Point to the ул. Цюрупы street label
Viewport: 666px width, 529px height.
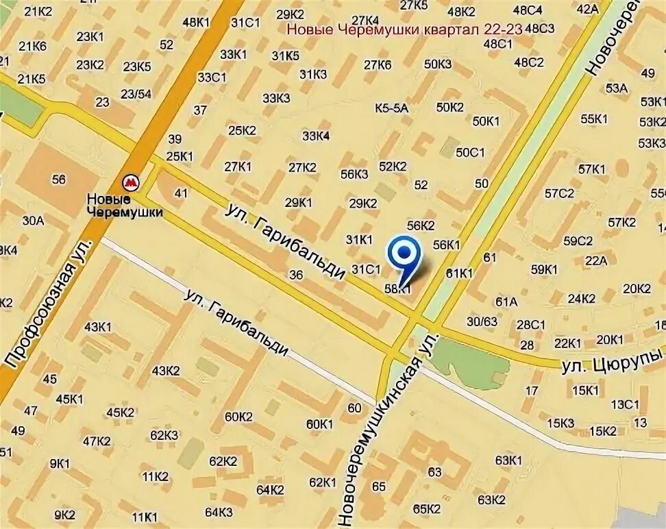[612, 360]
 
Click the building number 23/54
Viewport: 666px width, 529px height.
[136, 94]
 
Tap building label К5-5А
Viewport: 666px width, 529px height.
[391, 108]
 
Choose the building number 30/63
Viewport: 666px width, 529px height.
[482, 321]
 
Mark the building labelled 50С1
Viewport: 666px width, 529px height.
[470, 152]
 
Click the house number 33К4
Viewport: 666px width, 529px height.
[316, 136]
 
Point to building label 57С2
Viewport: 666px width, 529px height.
[559, 193]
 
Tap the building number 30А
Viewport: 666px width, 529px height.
[33, 220]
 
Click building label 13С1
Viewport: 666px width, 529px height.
[624, 404]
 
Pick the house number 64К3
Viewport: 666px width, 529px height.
[219, 512]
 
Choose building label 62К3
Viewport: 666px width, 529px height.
[164, 435]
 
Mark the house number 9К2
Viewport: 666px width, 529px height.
[64, 515]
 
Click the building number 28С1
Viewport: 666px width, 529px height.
[530, 324]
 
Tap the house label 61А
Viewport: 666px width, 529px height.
[506, 302]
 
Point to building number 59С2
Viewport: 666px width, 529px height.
[578, 241]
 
